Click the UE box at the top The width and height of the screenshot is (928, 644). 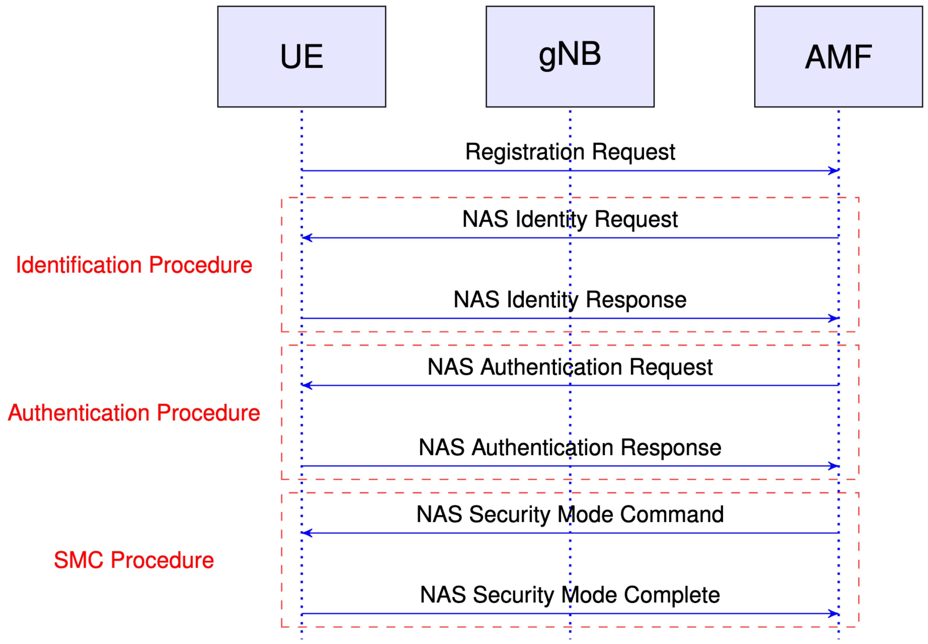[x=301, y=56]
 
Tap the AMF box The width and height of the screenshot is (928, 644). [x=838, y=56]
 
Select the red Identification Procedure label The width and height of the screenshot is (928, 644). [x=134, y=265]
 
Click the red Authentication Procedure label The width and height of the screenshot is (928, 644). [x=134, y=413]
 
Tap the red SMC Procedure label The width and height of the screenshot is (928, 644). [x=134, y=560]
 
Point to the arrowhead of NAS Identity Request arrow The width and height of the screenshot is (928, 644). [x=307, y=238]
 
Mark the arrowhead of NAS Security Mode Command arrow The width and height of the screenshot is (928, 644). [x=307, y=533]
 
